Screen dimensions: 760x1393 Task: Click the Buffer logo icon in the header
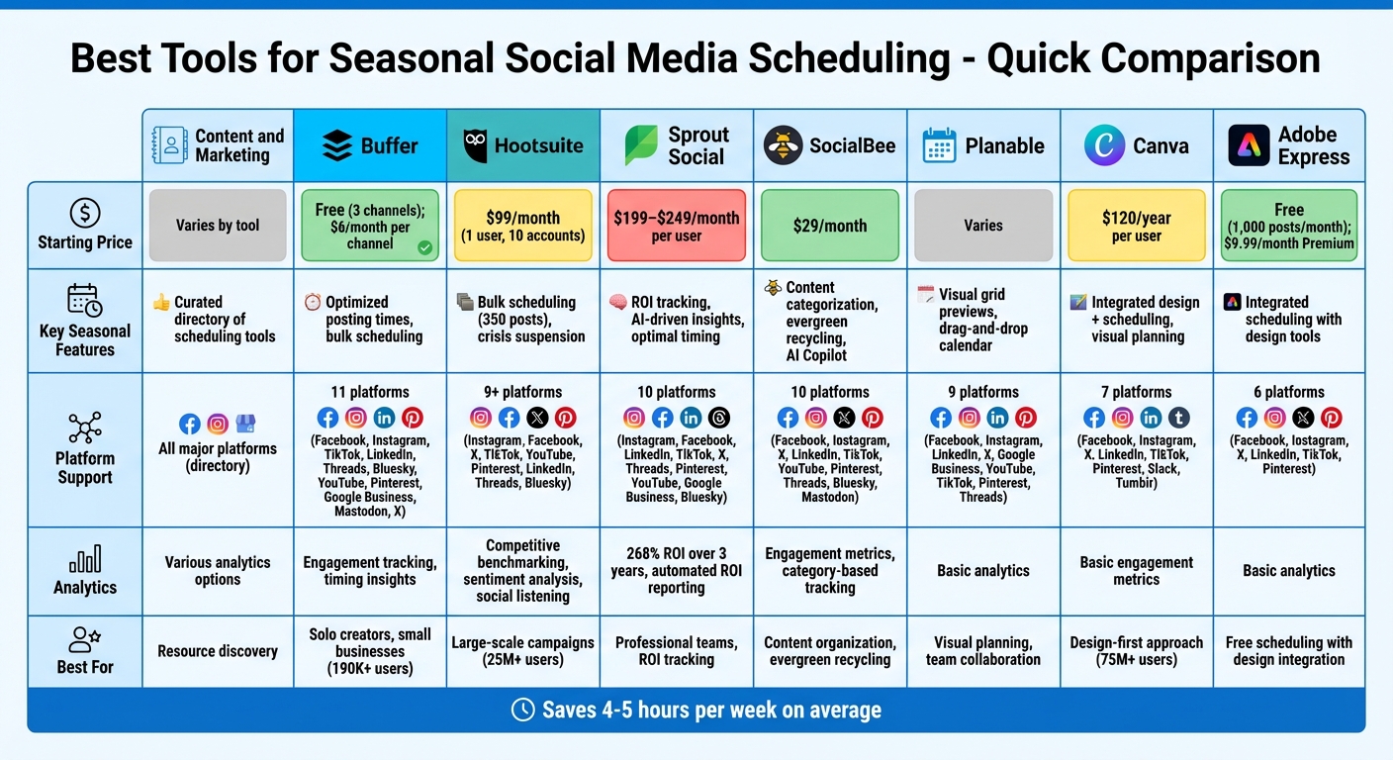pos(337,146)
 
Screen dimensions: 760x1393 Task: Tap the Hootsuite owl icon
pos(475,145)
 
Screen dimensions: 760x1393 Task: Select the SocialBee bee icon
pos(783,145)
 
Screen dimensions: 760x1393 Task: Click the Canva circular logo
pos(1104,145)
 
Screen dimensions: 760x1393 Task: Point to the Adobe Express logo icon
pos(1248,145)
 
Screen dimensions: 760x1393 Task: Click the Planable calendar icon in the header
pos(939,145)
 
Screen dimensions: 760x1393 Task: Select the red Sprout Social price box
pos(676,226)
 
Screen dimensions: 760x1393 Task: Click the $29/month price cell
pos(829,226)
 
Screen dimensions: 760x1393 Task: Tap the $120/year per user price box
pos(1136,226)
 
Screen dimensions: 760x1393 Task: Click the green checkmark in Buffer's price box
pos(424,247)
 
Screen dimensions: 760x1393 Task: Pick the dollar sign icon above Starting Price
pos(85,213)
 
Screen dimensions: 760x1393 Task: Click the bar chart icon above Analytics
pos(85,558)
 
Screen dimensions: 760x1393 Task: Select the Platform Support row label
pos(85,467)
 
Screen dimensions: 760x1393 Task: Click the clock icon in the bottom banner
pos(522,710)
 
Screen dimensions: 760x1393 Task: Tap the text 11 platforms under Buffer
pos(369,392)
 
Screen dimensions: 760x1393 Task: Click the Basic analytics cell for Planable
pos(982,571)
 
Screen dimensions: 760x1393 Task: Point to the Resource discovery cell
pos(218,651)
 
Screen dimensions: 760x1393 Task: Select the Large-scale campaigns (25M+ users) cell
pos(522,651)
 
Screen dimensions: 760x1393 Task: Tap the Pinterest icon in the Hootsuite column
pos(565,418)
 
